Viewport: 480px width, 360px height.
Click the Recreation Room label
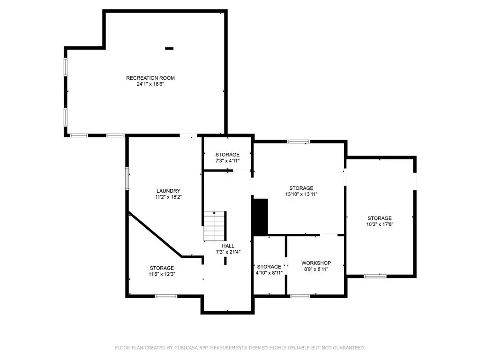(150, 78)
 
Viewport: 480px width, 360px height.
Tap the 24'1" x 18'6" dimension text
(150, 84)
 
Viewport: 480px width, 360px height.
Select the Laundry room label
(168, 191)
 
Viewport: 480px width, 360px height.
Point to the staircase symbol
(215, 226)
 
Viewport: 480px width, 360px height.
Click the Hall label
(228, 246)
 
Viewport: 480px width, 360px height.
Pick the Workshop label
(316, 263)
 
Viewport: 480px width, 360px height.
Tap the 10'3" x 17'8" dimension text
(380, 225)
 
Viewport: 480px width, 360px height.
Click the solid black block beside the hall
(260, 217)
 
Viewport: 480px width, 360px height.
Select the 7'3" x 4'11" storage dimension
(227, 161)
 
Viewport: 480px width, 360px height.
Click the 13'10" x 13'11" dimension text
(301, 194)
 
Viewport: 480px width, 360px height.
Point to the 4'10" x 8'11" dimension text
(269, 273)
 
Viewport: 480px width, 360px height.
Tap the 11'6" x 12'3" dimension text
(162, 274)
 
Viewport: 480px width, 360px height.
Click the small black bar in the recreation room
(169, 48)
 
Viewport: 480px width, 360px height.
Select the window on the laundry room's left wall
(127, 178)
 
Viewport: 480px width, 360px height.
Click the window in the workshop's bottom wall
(300, 296)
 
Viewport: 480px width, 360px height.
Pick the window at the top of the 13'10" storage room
(299, 142)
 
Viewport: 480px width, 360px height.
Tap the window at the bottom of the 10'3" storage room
(375, 276)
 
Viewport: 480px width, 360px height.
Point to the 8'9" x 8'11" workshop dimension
(316, 270)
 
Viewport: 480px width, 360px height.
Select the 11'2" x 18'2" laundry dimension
(168, 197)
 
